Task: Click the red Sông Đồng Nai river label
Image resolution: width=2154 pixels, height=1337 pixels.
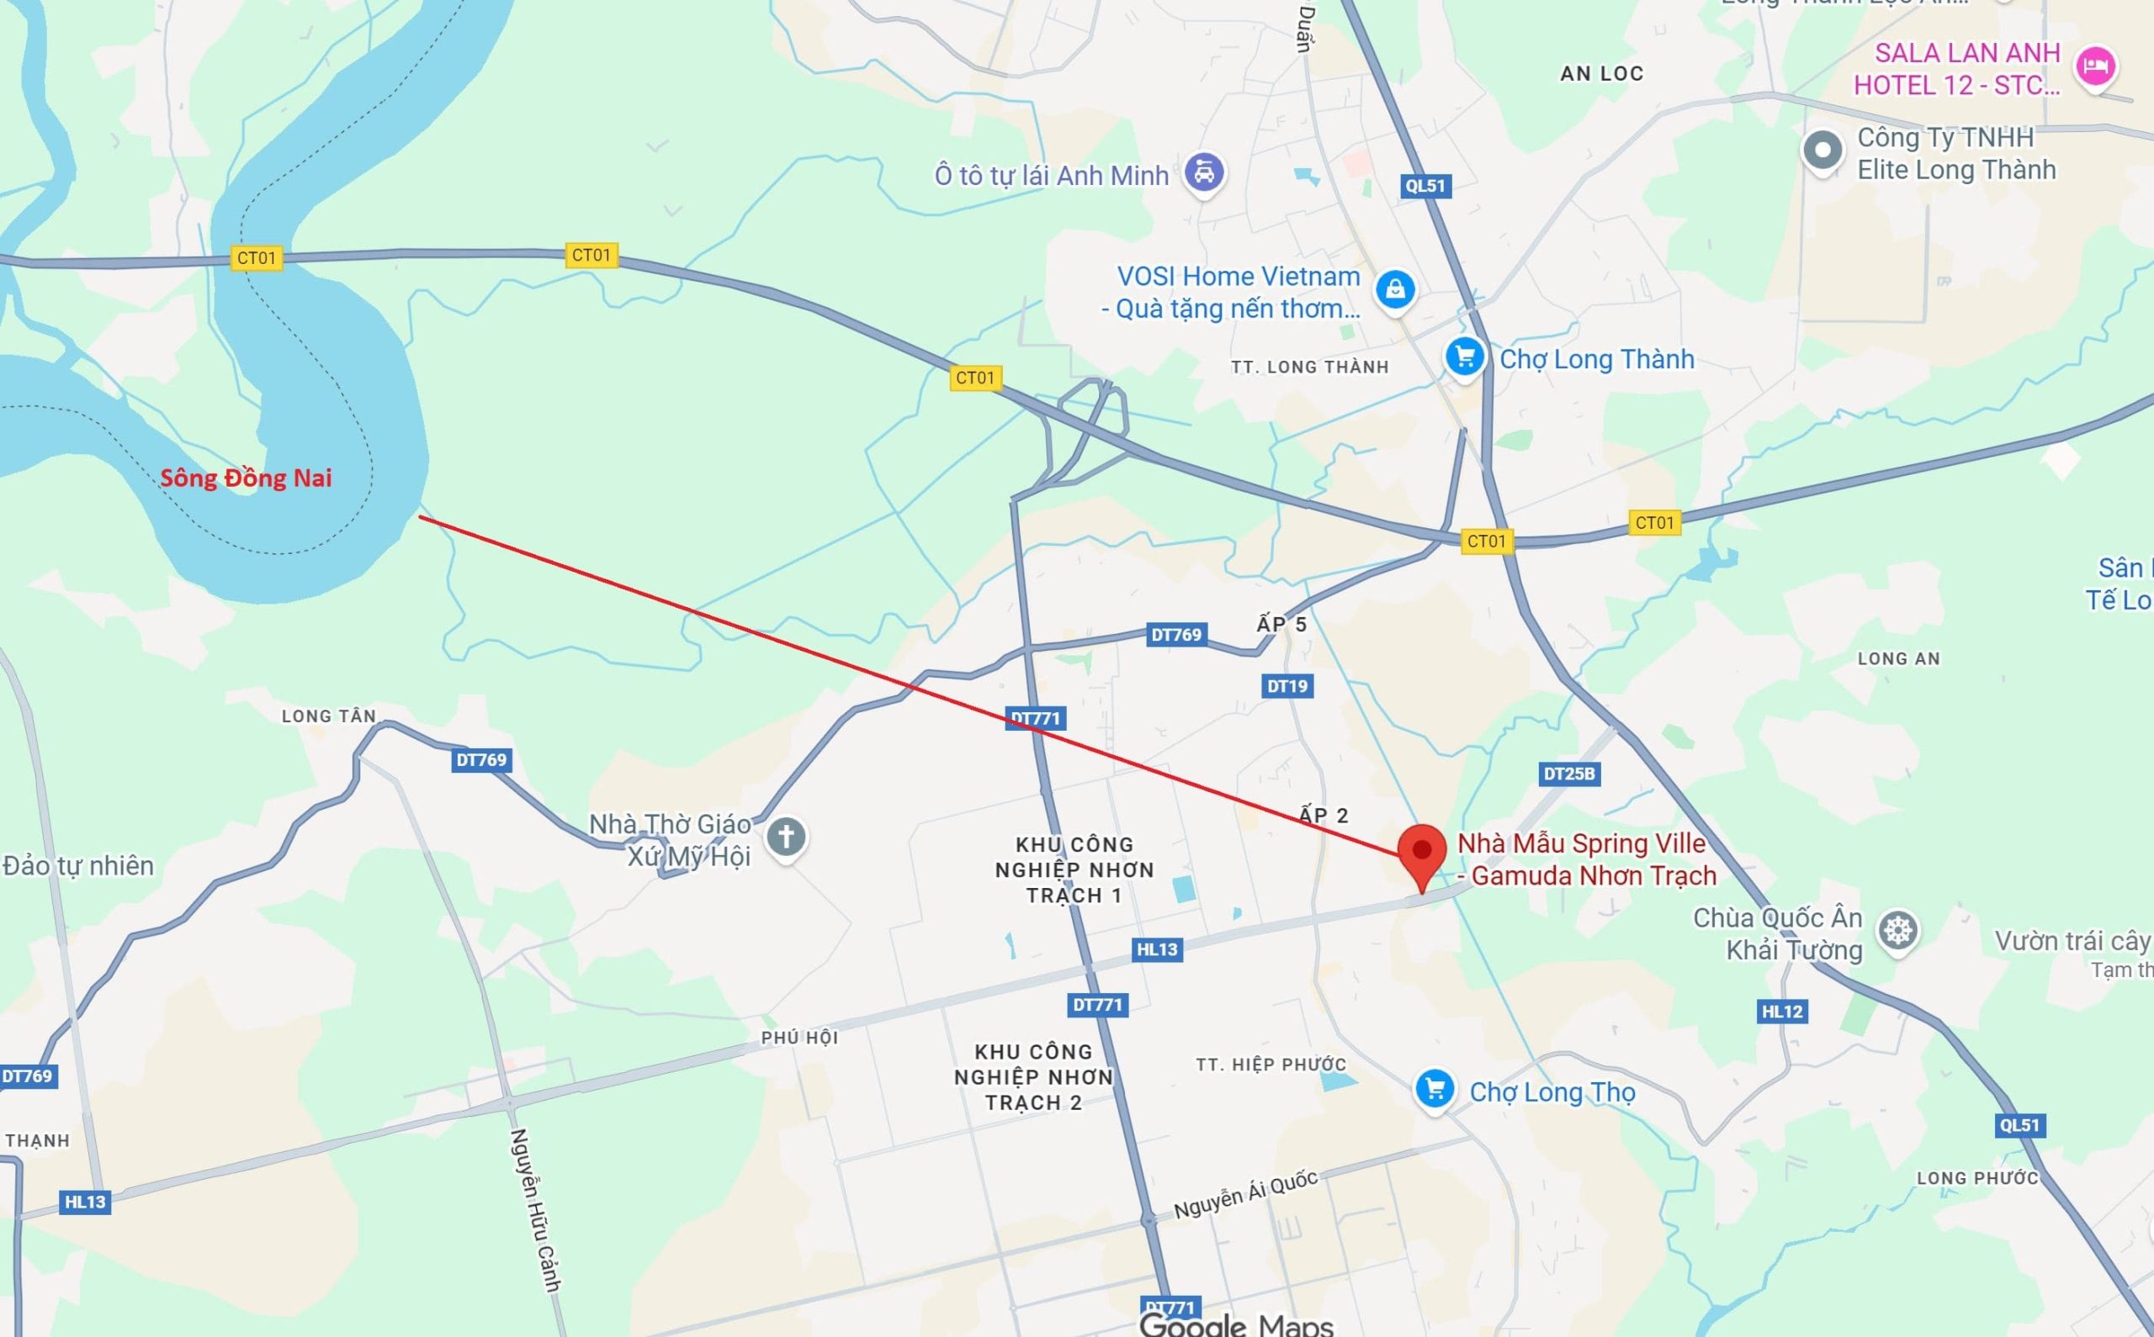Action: pos(246,478)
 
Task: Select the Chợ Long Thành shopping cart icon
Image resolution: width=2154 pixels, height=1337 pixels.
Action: pos(1464,357)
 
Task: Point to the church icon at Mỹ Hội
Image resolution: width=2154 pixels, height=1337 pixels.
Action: pos(786,836)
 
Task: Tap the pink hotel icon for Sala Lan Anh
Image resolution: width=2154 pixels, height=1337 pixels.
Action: pos(2095,66)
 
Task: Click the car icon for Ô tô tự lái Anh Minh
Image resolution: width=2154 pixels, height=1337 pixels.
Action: pos(1203,172)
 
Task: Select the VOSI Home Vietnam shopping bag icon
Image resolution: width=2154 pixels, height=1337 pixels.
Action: pos(1395,288)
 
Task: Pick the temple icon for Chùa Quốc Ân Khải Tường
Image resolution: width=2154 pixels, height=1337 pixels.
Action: pos(1898,931)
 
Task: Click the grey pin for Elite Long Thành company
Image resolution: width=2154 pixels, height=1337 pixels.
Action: pos(1822,151)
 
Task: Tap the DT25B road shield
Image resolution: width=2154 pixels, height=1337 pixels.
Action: pos(1568,774)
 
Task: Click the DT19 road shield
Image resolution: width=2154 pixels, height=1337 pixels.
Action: pos(1287,685)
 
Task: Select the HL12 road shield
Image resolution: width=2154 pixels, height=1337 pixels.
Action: pos(1781,1012)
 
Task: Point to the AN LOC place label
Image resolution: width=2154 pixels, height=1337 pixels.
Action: pos(1601,74)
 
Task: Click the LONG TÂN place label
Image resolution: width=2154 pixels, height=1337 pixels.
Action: pos(328,716)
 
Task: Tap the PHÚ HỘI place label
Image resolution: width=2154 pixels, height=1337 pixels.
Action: pos(799,1038)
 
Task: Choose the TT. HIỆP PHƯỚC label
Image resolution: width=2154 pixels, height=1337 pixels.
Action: pos(1271,1065)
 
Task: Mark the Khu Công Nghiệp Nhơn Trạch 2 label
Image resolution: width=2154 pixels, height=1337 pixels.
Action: pos(1033,1077)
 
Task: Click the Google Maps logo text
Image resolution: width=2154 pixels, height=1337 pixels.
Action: pos(1236,1324)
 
